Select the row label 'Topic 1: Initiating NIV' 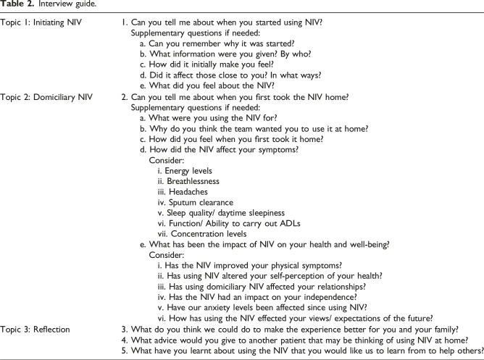(43, 24)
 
